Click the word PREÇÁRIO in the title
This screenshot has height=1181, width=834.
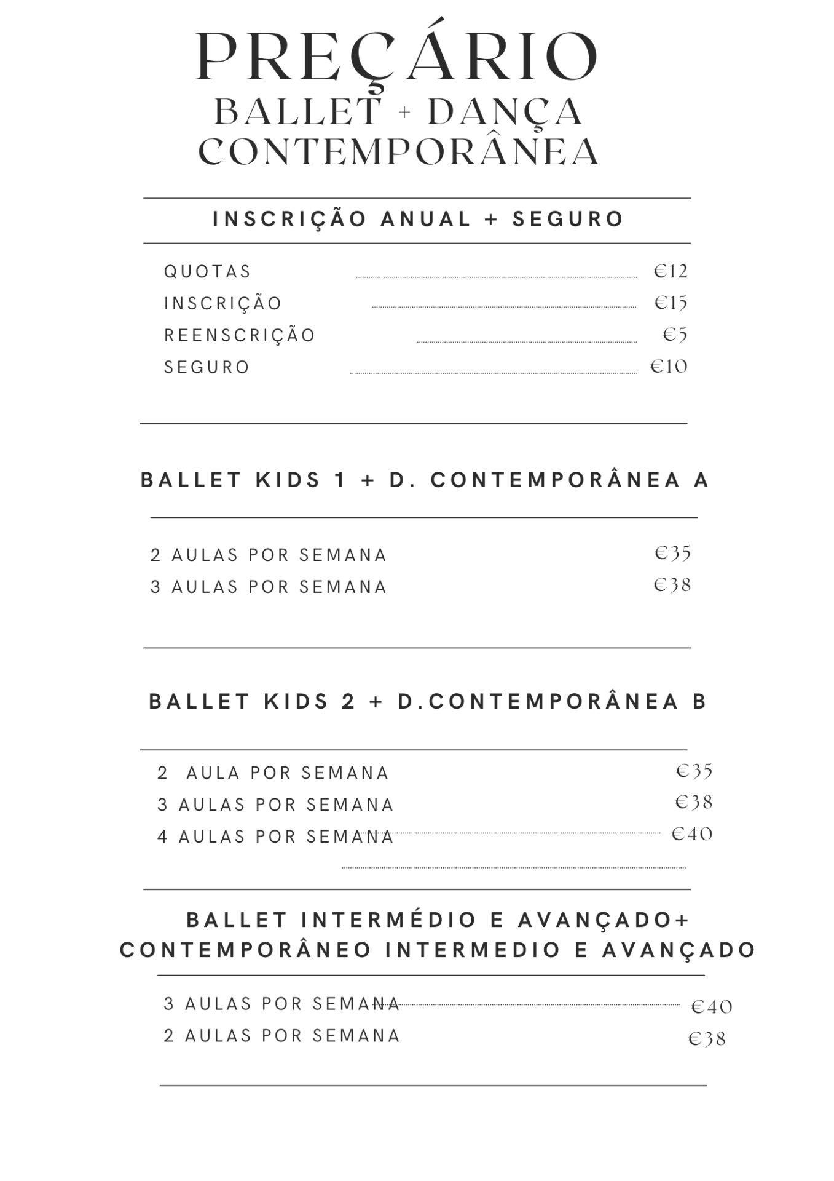coord(397,57)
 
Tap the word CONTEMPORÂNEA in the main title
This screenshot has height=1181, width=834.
coord(398,151)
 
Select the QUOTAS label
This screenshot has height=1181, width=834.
coord(208,272)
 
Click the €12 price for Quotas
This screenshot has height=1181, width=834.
coord(671,271)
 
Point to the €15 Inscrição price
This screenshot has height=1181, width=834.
coord(671,303)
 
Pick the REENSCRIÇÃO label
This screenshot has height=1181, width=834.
coord(240,335)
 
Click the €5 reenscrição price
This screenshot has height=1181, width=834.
coord(675,335)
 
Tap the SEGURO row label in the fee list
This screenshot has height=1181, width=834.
coord(207,367)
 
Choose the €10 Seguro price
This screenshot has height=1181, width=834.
coord(669,367)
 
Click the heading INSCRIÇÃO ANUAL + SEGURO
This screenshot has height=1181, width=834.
coord(418,219)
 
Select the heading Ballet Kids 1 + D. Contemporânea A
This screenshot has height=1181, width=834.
coord(425,480)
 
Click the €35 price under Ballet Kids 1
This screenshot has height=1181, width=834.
coord(673,553)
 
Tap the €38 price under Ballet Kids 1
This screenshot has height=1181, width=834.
coord(673,584)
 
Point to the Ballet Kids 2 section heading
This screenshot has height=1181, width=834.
coord(428,701)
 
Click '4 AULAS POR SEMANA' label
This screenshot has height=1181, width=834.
coord(276,837)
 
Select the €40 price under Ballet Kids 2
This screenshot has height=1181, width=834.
coord(692,834)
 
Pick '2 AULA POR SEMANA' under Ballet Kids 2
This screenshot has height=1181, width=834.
coord(273,773)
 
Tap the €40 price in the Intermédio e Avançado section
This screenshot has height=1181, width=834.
coord(712,1007)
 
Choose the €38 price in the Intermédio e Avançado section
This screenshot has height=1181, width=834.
coord(707,1039)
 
